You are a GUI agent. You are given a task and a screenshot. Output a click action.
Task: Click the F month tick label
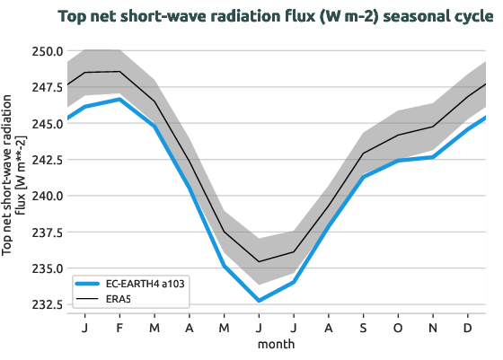119,329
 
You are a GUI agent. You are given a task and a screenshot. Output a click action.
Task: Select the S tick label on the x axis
364,329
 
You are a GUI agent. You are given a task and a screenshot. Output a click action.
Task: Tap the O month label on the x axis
399,329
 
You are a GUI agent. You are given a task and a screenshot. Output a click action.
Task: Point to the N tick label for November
434,329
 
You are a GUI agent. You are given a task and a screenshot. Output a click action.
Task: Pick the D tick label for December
469,329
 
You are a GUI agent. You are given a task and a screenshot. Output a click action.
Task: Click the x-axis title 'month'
277,344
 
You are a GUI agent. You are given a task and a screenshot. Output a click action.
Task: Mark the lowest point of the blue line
259,300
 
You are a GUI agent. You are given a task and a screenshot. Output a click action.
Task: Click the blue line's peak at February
119,100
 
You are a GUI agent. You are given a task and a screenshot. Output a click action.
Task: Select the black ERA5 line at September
364,154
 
